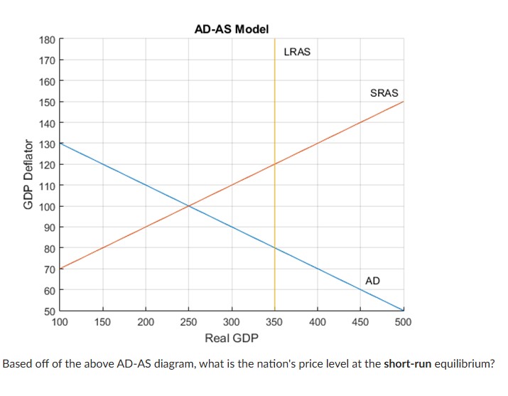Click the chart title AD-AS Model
[232, 29]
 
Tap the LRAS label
[296, 52]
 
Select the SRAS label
[384, 93]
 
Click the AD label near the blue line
[372, 281]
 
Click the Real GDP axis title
[232, 337]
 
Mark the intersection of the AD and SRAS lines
[189, 206]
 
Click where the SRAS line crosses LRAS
[275, 164]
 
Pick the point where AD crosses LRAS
[275, 248]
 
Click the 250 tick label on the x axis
[189, 322]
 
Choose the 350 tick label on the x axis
[275, 322]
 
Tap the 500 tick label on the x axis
[403, 322]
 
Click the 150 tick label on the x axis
[103, 322]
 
